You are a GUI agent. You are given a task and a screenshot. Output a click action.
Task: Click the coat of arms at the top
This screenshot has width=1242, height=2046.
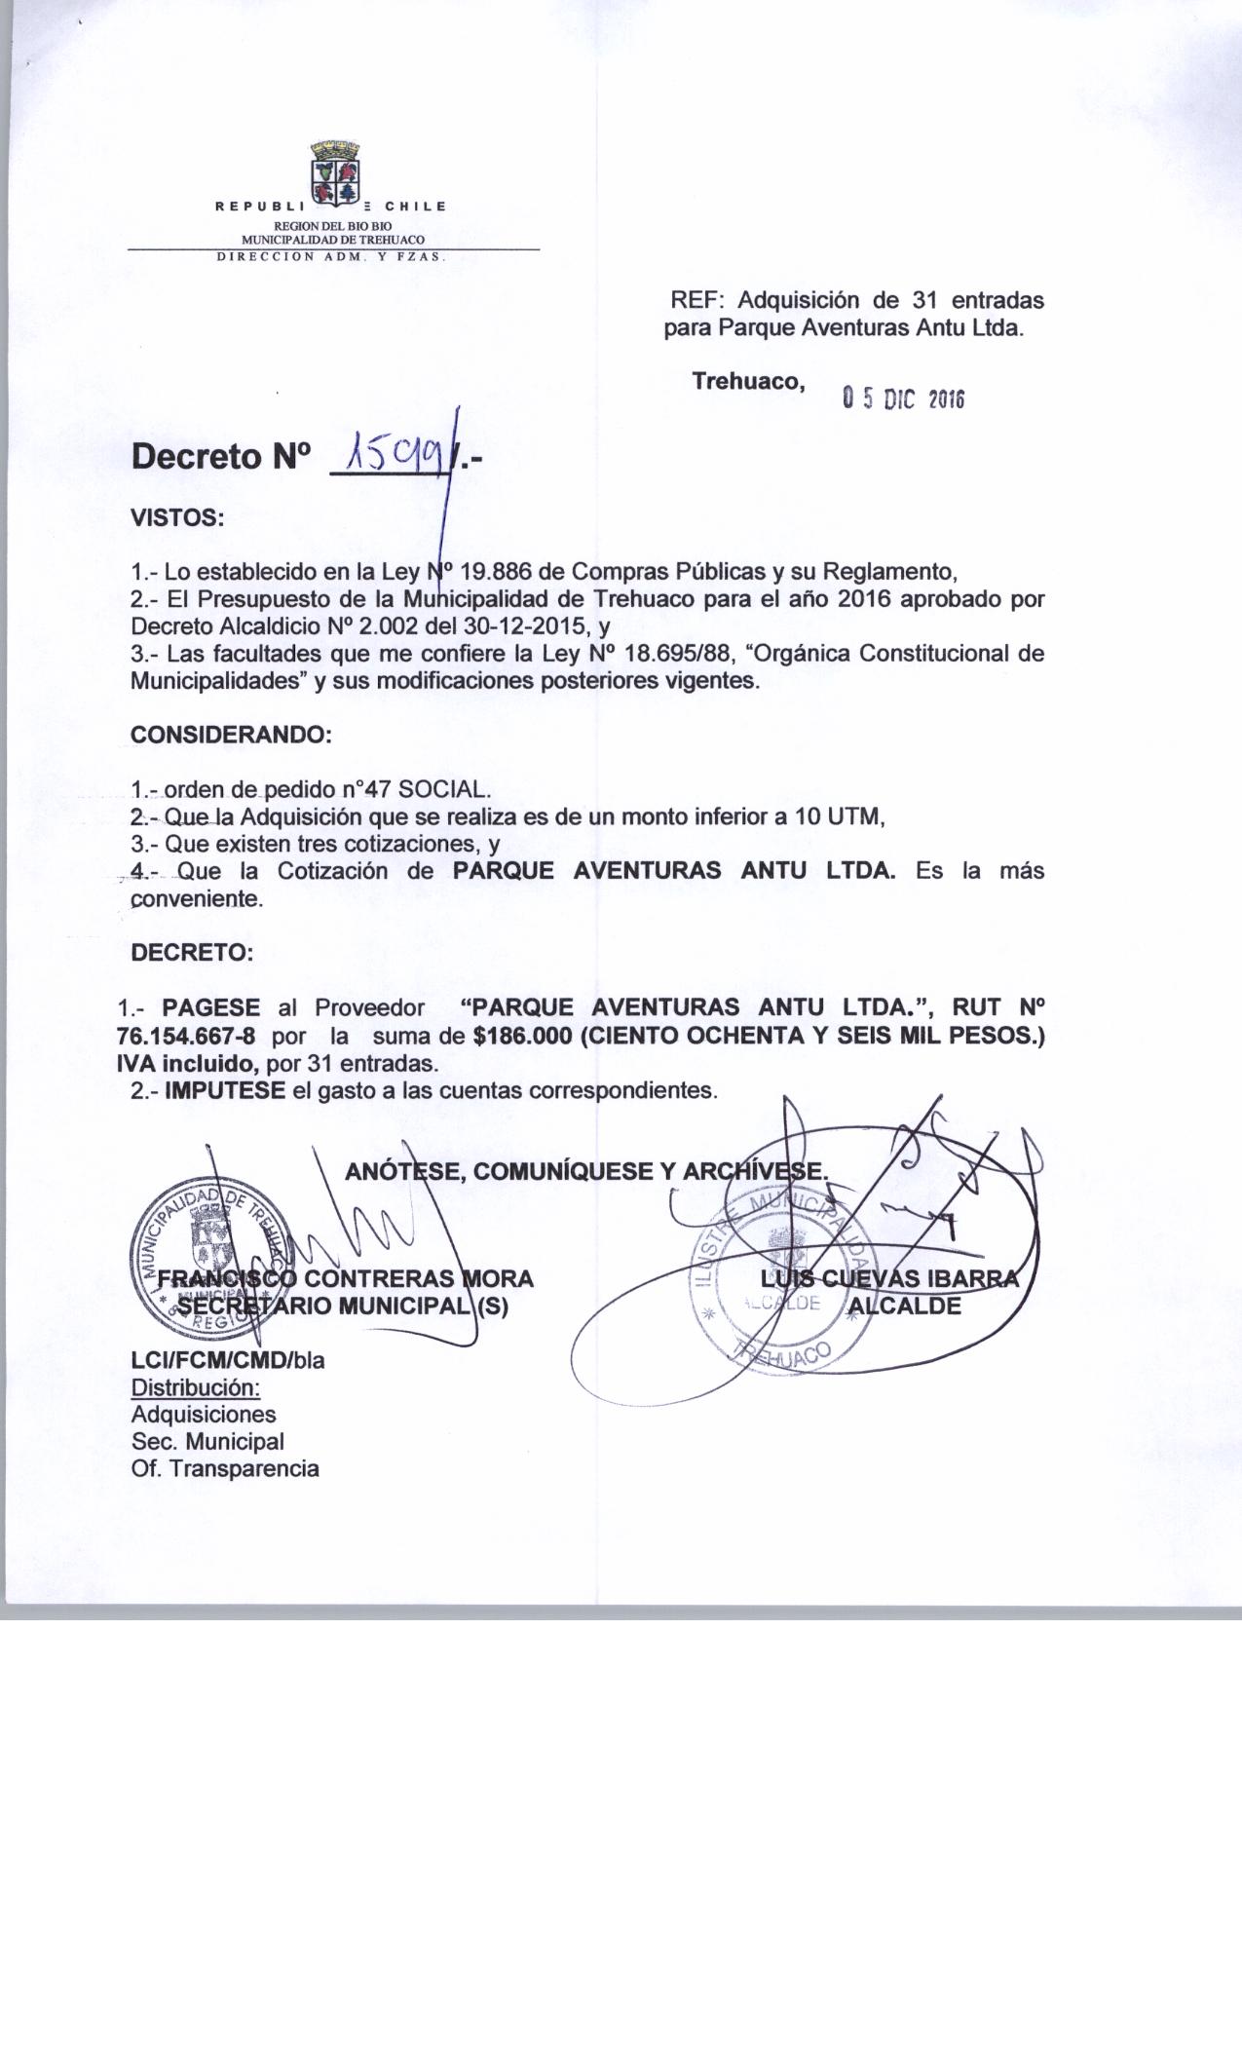(335, 175)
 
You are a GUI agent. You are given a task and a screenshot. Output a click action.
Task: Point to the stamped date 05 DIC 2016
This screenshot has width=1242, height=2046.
(902, 398)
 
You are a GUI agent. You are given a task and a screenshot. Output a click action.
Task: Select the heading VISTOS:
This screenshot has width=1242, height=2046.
(177, 517)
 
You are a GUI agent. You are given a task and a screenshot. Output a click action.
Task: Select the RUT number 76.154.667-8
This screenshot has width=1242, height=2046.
(185, 1035)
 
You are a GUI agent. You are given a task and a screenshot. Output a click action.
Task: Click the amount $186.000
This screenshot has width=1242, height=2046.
(521, 1035)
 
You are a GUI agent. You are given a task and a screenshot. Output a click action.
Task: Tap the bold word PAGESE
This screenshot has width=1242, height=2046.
(211, 1006)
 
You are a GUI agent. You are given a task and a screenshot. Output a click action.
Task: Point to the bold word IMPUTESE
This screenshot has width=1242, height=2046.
(225, 1089)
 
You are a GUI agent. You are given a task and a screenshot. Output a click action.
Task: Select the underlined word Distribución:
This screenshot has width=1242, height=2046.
(196, 1386)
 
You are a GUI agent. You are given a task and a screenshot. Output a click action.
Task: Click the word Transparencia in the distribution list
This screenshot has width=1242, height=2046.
(244, 1468)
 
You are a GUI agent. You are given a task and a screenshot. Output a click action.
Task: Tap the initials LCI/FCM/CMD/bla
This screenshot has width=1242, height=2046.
(227, 1359)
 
